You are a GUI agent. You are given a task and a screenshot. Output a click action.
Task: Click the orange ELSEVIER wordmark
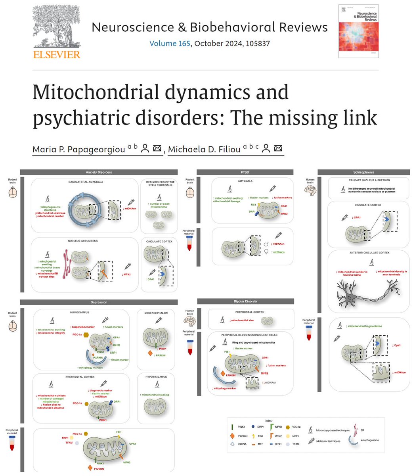coord(57,54)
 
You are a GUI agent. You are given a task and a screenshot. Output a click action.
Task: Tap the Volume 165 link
coord(170,43)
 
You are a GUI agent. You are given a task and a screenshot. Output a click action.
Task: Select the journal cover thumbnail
coord(358,31)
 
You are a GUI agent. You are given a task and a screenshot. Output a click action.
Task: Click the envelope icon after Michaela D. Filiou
coord(278,149)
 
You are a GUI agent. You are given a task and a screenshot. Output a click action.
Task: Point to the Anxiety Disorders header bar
coord(99,172)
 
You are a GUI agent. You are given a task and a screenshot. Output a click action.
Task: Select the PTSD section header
coord(245,172)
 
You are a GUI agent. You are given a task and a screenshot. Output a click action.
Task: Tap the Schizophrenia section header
coord(363,172)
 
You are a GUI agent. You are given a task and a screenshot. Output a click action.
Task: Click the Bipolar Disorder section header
coord(245,301)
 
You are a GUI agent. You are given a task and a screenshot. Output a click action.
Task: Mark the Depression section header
coord(99,302)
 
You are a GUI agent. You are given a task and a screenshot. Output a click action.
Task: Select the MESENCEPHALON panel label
coord(157,313)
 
